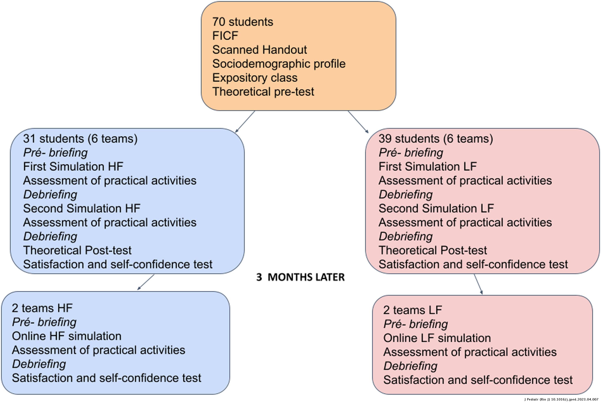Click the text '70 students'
point(243,22)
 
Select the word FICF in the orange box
point(225,36)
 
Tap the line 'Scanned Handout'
point(259,50)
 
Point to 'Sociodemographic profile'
point(279,64)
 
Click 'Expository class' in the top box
point(255,78)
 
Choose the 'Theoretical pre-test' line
point(263,92)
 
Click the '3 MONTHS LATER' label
point(300,277)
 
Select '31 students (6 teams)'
point(80,139)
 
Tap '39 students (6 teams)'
point(436,139)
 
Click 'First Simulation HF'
point(73,166)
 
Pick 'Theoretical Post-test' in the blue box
point(77,250)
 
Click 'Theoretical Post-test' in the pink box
point(433,250)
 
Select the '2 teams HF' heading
point(42,308)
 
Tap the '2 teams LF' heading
point(412,310)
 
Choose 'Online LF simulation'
point(437,338)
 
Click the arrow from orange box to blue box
point(245,122)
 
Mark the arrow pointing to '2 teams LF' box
point(478,284)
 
